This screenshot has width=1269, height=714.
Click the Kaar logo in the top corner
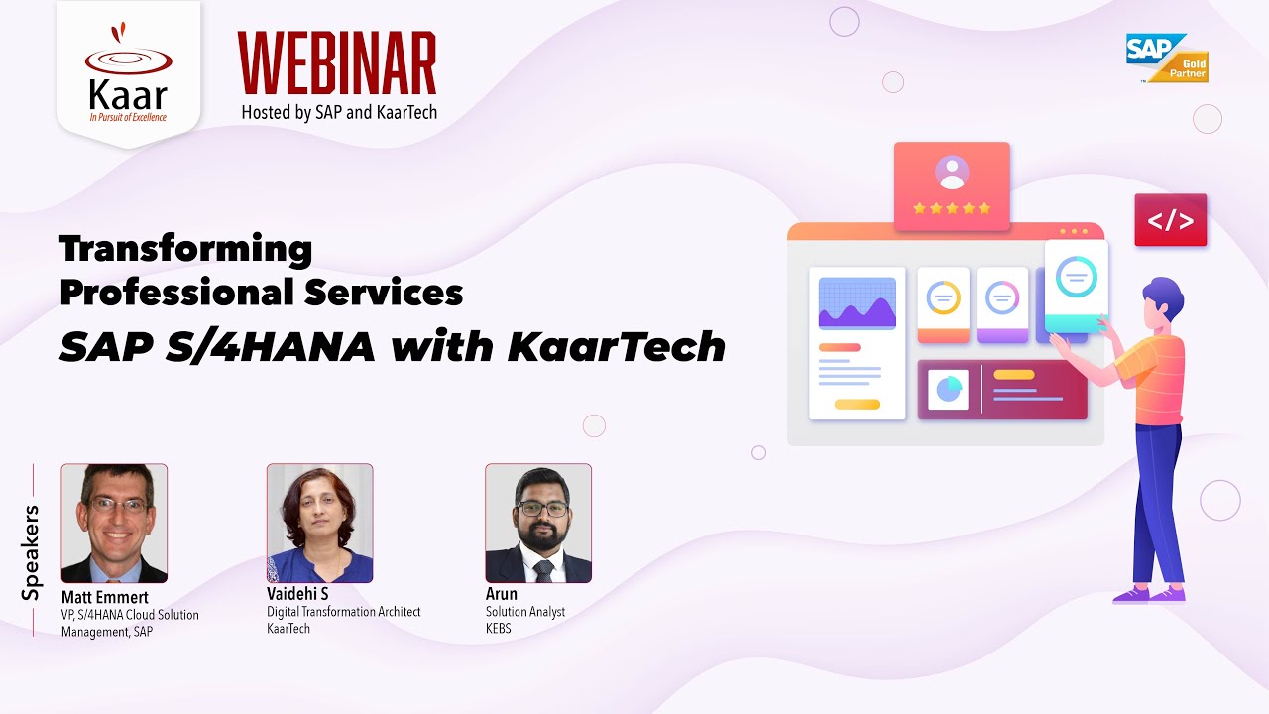128,75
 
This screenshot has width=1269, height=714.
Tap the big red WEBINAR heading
337,63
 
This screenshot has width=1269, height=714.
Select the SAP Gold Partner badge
1167,58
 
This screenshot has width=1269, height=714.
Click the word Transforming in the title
185,249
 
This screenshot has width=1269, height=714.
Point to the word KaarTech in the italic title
616,347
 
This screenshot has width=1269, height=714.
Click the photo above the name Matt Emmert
114,523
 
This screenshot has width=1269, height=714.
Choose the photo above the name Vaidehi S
319,523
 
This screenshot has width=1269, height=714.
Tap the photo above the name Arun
538,523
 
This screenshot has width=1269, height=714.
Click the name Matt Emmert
104,597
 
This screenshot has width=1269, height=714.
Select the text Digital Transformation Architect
344,612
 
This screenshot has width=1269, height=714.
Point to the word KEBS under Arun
499,629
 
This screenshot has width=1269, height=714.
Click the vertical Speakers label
32,552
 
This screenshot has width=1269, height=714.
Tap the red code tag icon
1170,220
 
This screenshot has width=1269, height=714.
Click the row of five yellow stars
952,208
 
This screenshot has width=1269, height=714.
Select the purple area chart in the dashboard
857,304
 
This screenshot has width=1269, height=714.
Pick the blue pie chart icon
948,390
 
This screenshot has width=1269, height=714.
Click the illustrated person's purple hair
1162,297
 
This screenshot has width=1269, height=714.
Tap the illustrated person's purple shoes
1149,594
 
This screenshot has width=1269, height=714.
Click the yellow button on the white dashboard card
857,405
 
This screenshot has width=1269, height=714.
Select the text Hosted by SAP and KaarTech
339,112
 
